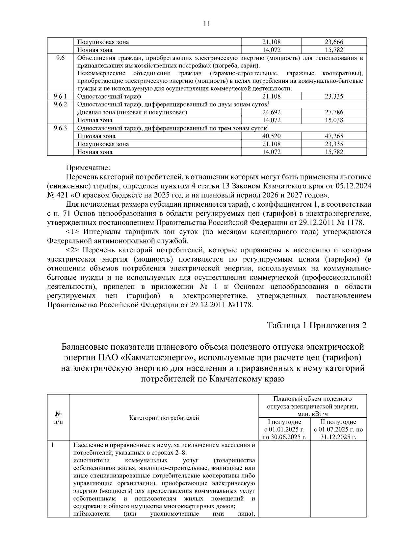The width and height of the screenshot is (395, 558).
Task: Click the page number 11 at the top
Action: click(206, 24)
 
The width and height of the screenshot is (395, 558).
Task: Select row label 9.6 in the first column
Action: click(60, 58)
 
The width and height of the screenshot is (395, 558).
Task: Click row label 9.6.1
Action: click(60, 96)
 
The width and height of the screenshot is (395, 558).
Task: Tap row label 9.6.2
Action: click(60, 104)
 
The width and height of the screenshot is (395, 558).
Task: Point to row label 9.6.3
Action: click(60, 128)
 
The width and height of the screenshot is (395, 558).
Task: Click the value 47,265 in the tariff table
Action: click(334, 136)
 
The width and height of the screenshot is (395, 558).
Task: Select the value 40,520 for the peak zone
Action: click(271, 136)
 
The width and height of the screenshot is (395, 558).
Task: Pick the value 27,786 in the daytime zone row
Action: click(334, 112)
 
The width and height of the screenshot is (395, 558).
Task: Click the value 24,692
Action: click(271, 112)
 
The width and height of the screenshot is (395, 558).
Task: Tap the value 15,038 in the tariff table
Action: click(334, 120)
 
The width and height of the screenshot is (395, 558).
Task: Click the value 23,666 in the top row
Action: click(334, 42)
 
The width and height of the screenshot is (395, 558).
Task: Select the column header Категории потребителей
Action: click(164, 418)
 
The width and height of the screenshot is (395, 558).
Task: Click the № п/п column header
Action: click(58, 418)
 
